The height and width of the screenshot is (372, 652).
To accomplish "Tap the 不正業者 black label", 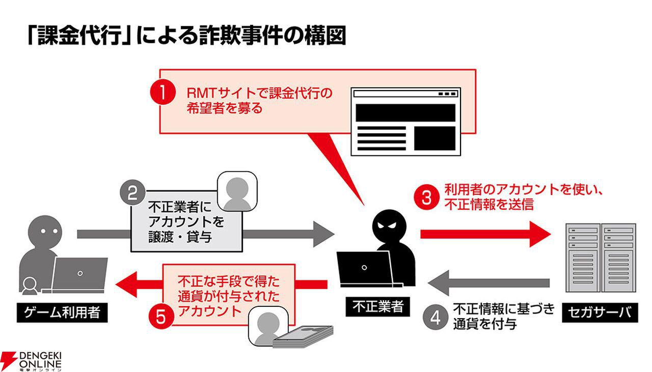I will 377,306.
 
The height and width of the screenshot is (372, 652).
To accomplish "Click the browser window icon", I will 405,121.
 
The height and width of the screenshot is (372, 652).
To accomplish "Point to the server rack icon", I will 601,257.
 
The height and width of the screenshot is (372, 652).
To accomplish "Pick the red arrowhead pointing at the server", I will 540,234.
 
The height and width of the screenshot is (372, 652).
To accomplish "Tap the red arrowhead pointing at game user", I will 127,283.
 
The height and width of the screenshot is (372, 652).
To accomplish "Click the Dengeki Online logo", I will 32,360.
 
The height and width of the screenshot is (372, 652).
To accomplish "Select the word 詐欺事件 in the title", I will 239,37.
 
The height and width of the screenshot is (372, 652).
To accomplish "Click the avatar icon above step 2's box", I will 237,191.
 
